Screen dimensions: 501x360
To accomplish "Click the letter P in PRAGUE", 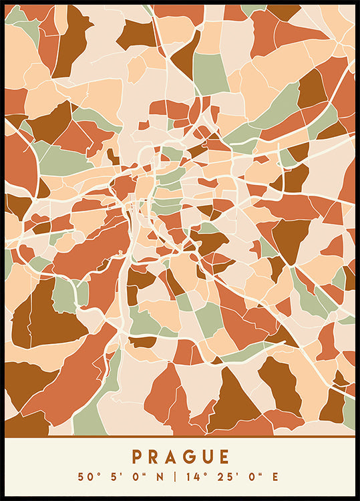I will click(x=137, y=457).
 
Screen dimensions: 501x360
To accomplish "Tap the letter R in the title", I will click(x=154, y=457).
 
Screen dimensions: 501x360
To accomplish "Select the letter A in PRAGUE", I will click(x=172, y=457).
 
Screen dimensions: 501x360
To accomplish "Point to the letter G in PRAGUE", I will click(x=189, y=457).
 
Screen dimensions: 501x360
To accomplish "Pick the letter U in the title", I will click(x=206, y=457).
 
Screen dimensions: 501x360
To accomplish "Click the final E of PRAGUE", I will click(x=224, y=457).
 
